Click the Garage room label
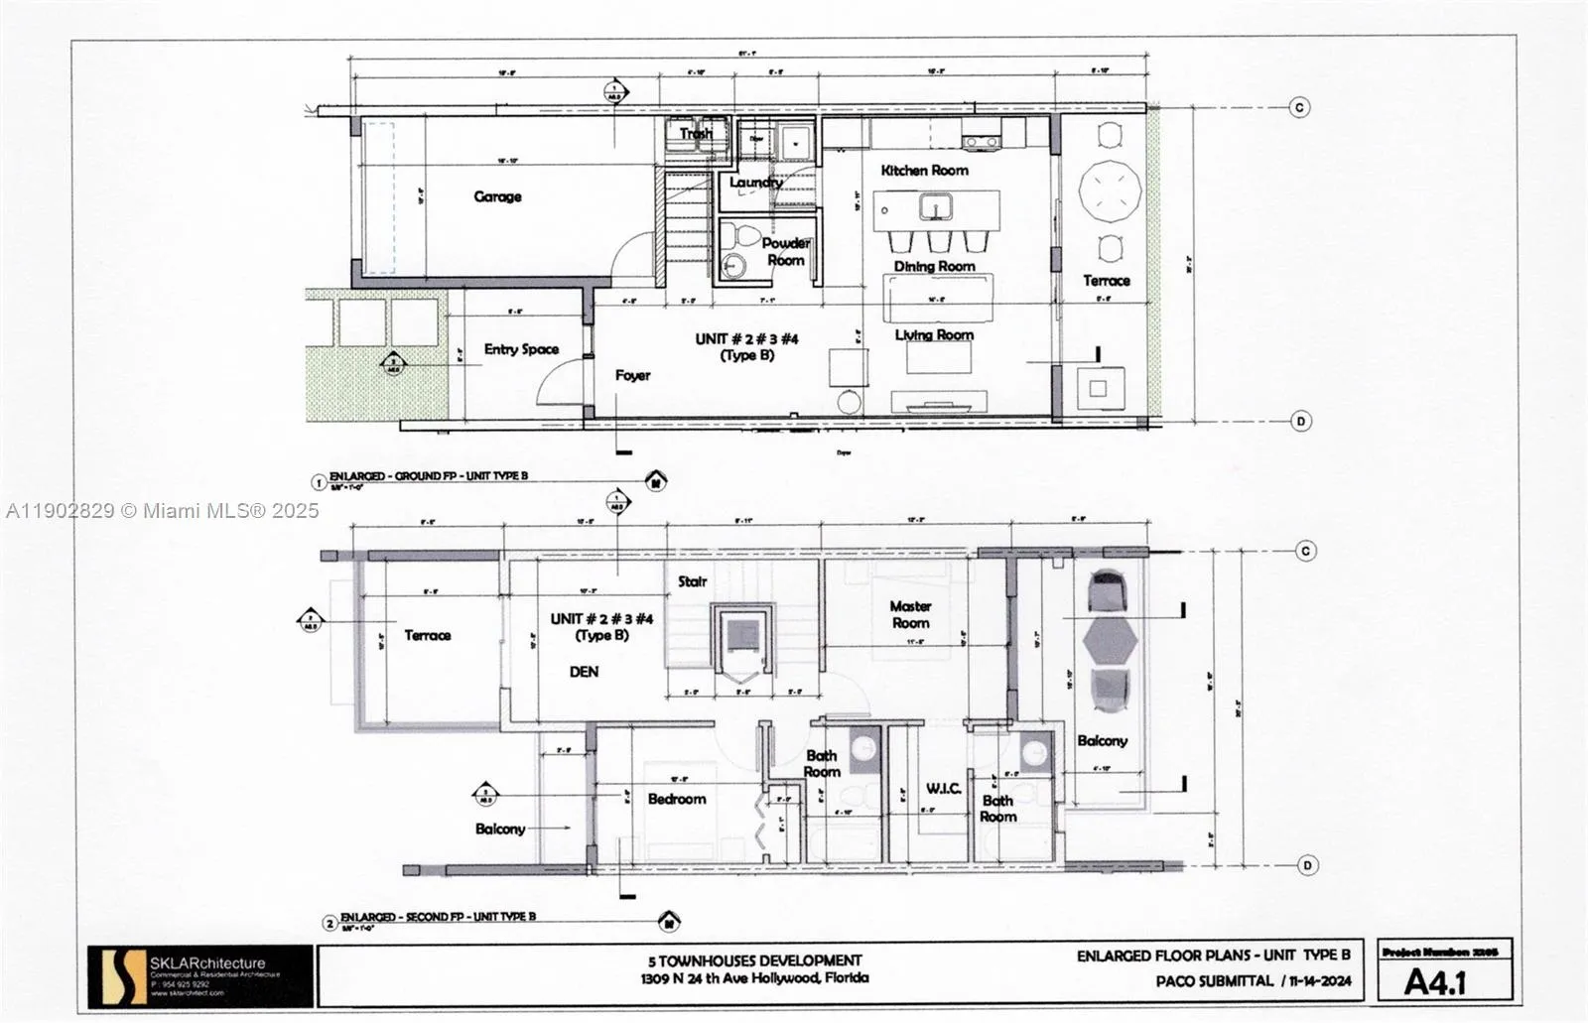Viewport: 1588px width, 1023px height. click(x=497, y=196)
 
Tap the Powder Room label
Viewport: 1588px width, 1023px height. click(x=785, y=251)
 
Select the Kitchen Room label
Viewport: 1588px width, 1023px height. click(x=924, y=171)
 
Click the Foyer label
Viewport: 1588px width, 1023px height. click(x=632, y=375)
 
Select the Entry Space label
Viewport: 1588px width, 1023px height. click(x=521, y=349)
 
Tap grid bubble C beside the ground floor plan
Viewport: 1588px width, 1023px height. click(x=1299, y=107)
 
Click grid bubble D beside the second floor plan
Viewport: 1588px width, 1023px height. click(x=1307, y=865)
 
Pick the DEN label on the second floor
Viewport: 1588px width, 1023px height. click(x=584, y=672)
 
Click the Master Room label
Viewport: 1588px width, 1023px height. click(x=910, y=614)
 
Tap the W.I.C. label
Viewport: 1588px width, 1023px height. click(x=943, y=788)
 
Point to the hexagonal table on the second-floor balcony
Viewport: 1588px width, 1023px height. click(x=1110, y=641)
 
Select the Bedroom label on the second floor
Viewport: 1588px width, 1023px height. click(x=677, y=799)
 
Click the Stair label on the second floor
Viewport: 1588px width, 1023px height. click(x=692, y=581)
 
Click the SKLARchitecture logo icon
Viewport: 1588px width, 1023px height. click(x=117, y=974)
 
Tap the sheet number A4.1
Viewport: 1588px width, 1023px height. click(x=1435, y=982)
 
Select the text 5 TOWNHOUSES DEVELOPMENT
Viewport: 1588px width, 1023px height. click(x=754, y=960)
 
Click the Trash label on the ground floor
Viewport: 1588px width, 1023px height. click(x=696, y=133)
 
